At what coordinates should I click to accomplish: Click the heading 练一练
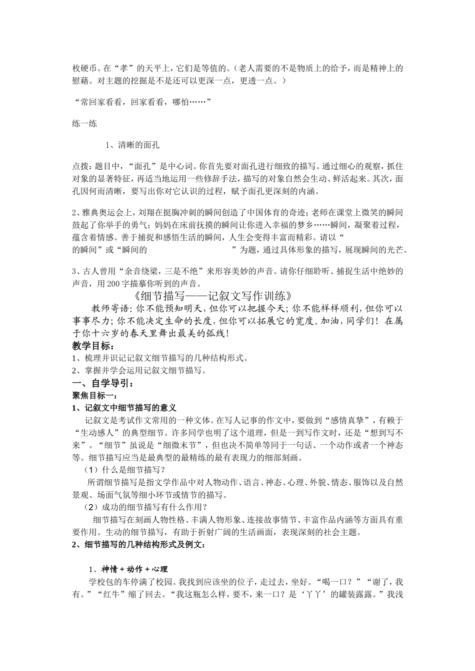tap(84, 123)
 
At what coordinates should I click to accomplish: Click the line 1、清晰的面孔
tap(132, 145)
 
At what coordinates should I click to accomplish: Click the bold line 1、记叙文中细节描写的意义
tap(124, 408)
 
